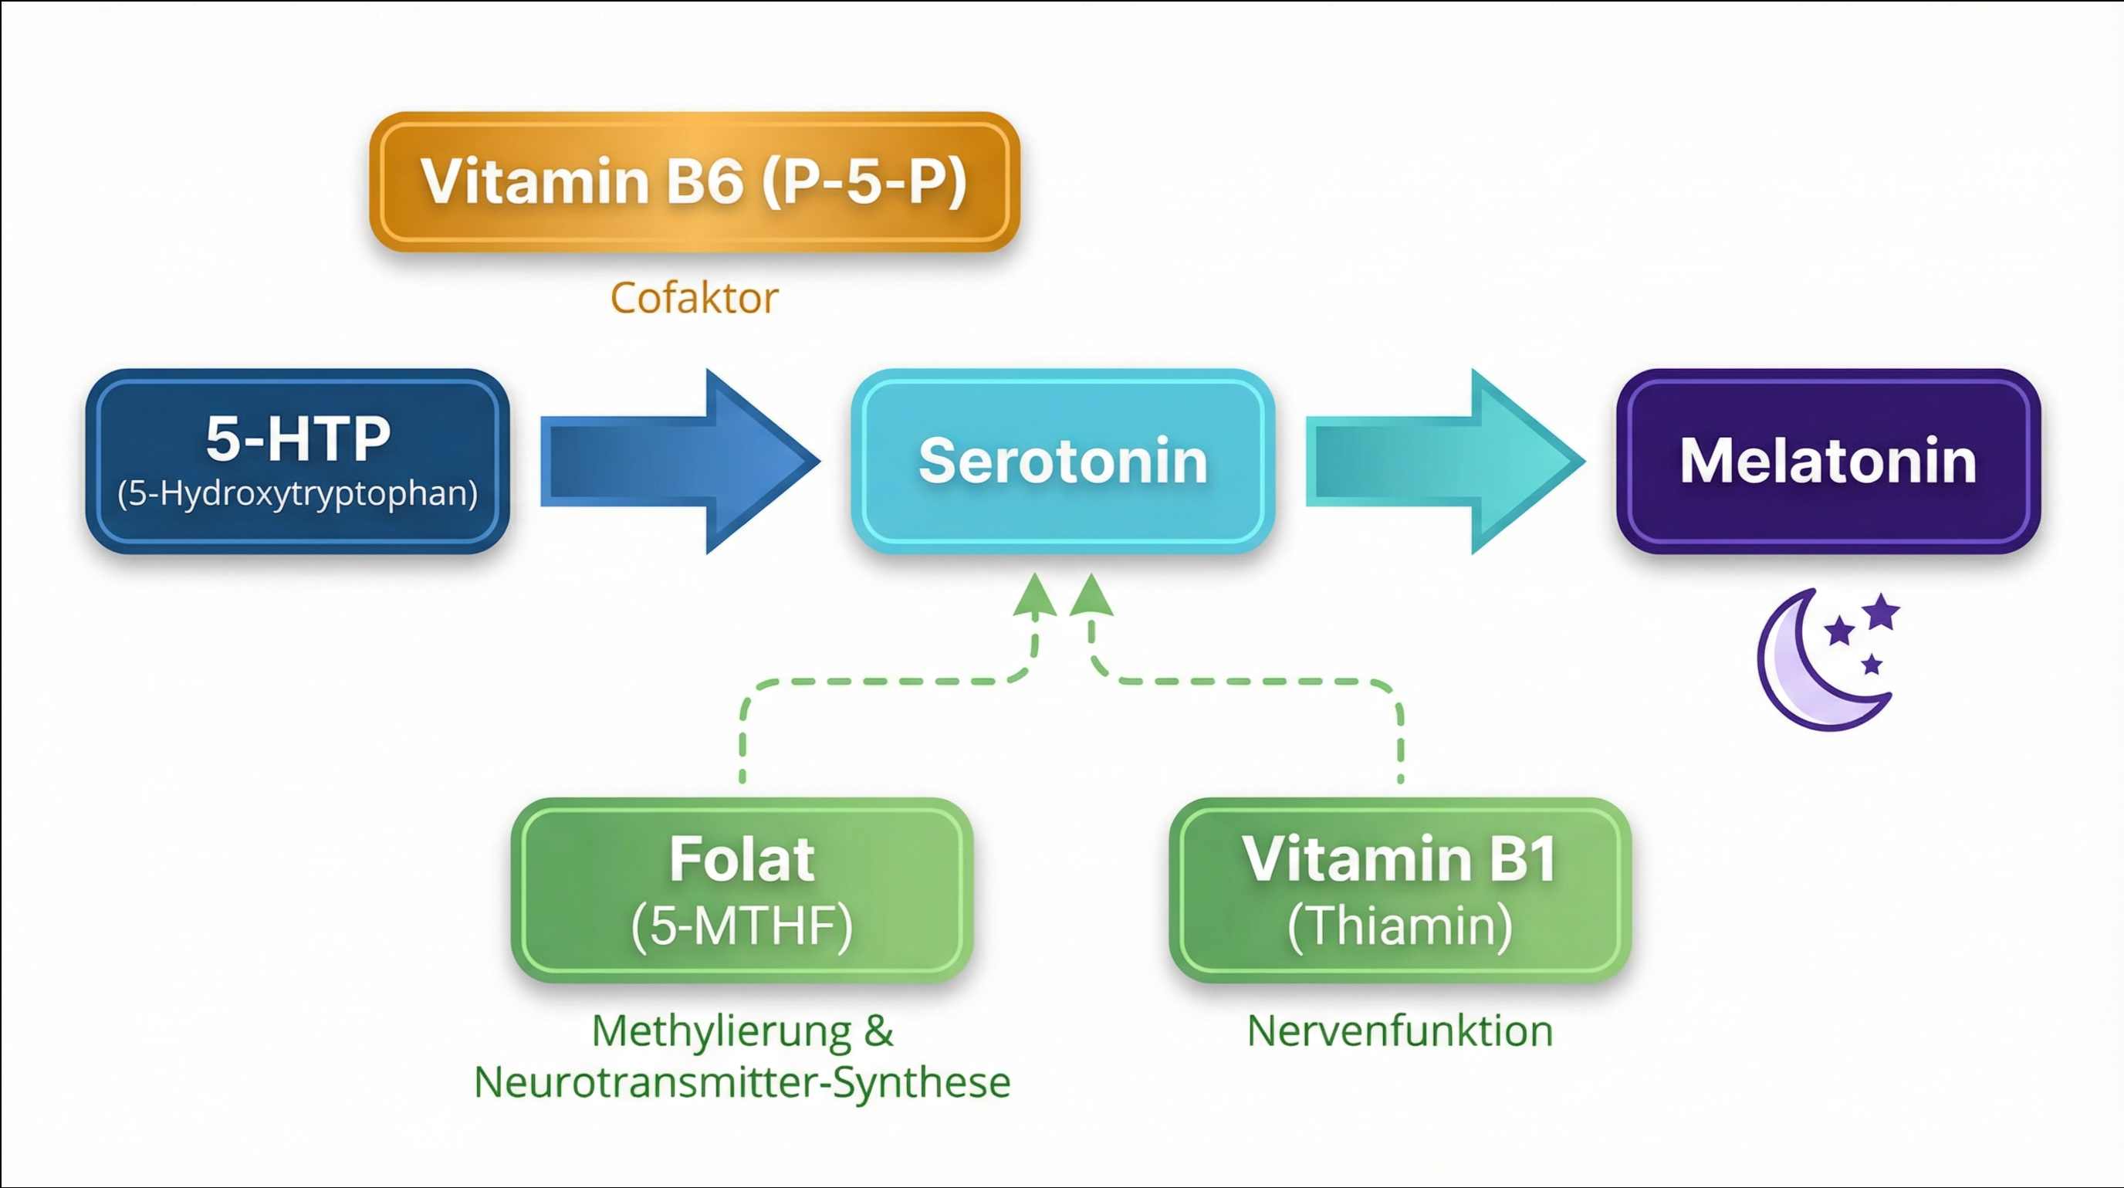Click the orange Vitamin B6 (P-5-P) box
(x=695, y=181)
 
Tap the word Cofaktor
(x=695, y=299)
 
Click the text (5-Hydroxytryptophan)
(x=298, y=493)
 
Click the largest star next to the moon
(x=1882, y=611)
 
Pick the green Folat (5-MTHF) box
(x=742, y=890)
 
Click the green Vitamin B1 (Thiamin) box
(x=1400, y=890)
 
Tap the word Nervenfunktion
(x=1400, y=1031)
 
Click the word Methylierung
(x=722, y=1031)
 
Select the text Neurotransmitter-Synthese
(x=742, y=1081)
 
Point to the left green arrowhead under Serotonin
(x=1035, y=597)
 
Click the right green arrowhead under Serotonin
(x=1091, y=597)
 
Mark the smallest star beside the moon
(x=1872, y=664)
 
